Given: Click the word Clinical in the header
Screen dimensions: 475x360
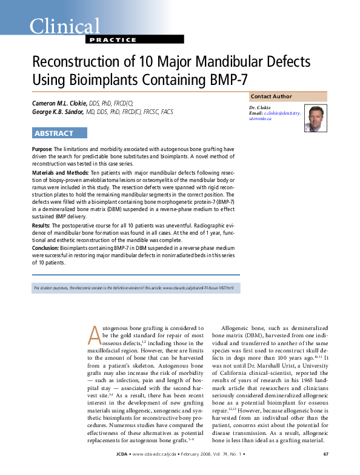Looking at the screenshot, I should tap(65, 25).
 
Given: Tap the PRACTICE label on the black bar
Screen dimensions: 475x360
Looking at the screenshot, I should tap(113, 39).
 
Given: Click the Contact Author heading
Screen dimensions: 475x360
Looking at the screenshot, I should tap(271, 96).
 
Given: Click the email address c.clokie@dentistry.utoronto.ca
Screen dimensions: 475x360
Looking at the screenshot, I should tap(274, 116).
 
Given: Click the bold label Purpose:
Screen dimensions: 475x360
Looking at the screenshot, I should tap(42, 149).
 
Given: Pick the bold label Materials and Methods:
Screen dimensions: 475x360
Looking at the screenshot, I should tap(59, 173).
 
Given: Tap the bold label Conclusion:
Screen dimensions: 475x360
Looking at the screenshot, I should tap(45, 248).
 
